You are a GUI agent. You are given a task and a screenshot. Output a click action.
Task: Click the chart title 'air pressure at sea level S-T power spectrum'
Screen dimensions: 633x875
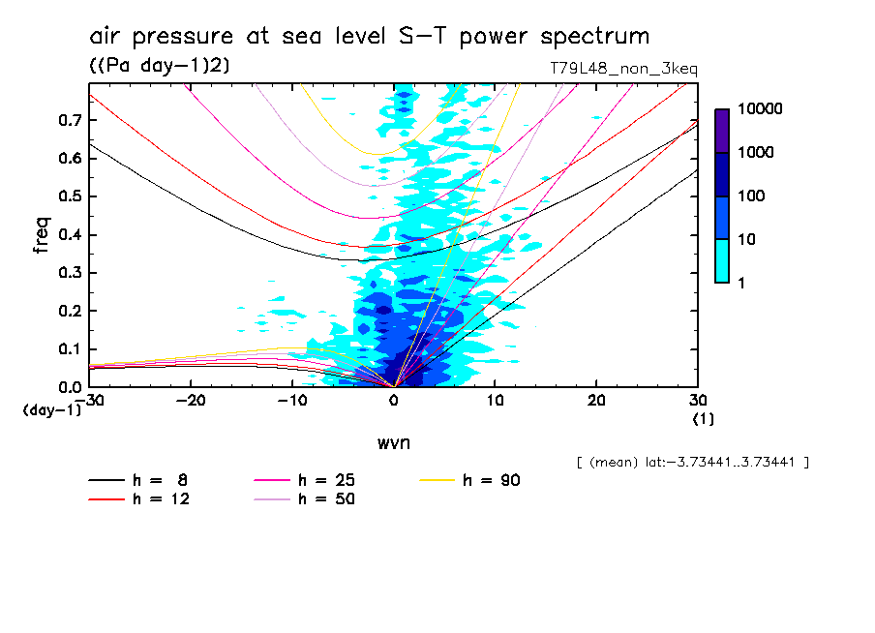click(369, 37)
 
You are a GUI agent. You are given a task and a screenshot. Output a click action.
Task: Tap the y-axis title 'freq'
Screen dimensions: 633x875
click(42, 235)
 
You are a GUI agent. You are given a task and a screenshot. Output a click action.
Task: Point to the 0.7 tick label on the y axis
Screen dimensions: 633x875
click(68, 120)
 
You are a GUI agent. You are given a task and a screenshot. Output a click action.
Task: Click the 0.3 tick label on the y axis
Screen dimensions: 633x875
click(68, 273)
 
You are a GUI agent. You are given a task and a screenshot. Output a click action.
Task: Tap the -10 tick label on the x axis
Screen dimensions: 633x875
click(291, 401)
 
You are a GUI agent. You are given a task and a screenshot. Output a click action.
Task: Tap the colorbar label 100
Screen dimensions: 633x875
click(750, 196)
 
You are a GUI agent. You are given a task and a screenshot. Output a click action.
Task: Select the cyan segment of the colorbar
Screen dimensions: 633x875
click(721, 260)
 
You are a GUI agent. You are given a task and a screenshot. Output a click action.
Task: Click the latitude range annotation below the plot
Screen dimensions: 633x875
click(692, 463)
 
